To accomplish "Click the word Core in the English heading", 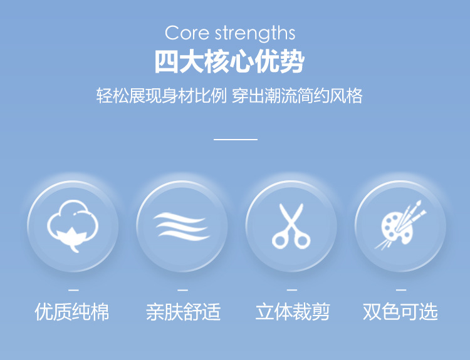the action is click(x=187, y=33).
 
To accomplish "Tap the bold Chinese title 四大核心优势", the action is click(x=229, y=62).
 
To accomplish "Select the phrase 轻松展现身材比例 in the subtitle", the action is click(x=162, y=96).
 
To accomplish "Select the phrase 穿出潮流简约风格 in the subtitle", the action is click(x=297, y=96).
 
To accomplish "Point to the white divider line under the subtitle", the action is click(x=236, y=139).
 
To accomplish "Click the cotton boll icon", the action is click(x=73, y=226).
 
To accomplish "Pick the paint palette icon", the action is click(x=400, y=225).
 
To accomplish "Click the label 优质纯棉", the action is click(x=72, y=312).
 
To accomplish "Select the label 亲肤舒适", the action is click(x=184, y=312).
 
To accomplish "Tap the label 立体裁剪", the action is click(x=293, y=312).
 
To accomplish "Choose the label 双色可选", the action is click(x=400, y=312).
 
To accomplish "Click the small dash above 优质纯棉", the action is click(x=73, y=290).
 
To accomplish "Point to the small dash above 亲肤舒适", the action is click(x=182, y=290).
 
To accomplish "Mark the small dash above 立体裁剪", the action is click(x=291, y=290).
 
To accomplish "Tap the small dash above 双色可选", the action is click(x=401, y=290).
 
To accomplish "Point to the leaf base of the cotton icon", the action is click(x=72, y=239).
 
